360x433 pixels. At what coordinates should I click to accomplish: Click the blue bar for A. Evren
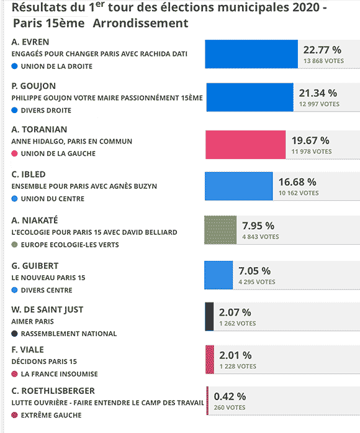251,54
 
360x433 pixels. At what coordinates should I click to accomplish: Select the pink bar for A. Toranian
246,145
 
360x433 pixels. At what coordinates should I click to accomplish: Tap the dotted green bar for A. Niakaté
220,230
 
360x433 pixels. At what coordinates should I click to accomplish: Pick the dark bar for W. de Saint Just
209,316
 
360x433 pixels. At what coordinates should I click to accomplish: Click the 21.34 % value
318,93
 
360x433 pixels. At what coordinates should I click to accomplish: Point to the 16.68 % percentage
297,182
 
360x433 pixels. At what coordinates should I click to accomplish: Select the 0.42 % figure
230,396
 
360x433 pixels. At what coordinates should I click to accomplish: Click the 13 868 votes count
323,61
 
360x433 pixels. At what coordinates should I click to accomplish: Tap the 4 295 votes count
257,282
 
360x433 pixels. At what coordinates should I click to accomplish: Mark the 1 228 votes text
238,367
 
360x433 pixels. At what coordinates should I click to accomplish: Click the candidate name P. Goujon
34,86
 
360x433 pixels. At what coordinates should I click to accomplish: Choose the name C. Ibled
29,175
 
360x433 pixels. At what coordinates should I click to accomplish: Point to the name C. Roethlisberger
53,391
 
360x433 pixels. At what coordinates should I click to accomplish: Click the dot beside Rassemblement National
15,334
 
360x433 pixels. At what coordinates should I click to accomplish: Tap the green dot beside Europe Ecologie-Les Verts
15,245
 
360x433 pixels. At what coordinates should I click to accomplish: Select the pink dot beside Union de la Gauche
15,153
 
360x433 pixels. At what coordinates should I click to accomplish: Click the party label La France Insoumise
60,374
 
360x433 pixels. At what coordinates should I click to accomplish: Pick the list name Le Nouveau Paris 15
48,278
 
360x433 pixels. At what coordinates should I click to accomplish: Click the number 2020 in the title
305,7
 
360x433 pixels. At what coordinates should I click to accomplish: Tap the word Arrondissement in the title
140,23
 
